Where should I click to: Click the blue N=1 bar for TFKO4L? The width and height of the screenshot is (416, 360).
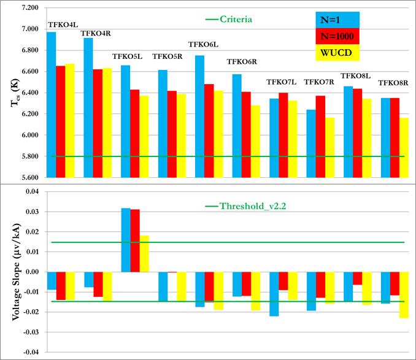52,104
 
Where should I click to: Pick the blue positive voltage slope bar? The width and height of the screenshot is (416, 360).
126,240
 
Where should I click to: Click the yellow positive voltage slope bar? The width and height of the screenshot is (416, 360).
144,253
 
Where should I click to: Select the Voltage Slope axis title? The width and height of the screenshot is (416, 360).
11,272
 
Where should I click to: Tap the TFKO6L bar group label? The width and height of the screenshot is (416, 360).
202,44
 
